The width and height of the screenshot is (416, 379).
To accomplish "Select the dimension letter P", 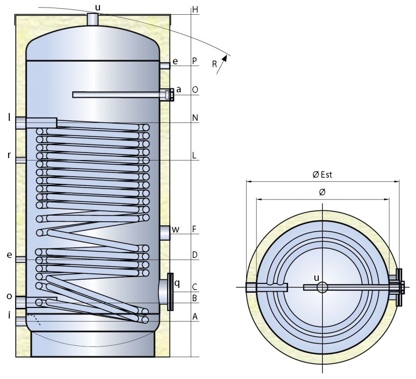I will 195,61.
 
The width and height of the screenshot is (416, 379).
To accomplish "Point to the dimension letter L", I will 195,155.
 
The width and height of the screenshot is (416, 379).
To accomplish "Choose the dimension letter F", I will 194,229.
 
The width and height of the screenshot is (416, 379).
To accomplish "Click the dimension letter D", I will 195,255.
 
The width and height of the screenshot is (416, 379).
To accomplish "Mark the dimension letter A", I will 195,317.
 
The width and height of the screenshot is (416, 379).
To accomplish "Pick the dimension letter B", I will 195,298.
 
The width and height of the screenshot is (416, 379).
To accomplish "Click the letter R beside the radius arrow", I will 215,64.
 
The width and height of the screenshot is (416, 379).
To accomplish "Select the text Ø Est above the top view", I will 322,175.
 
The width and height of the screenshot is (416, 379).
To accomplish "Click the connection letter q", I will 177,283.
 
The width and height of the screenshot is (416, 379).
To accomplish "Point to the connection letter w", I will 176,230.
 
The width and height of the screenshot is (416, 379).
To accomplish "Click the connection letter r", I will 9,155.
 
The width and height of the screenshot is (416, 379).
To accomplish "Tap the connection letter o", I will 9,296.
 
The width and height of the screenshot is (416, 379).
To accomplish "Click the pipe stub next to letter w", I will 164,233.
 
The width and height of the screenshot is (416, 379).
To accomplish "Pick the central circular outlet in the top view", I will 322,287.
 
